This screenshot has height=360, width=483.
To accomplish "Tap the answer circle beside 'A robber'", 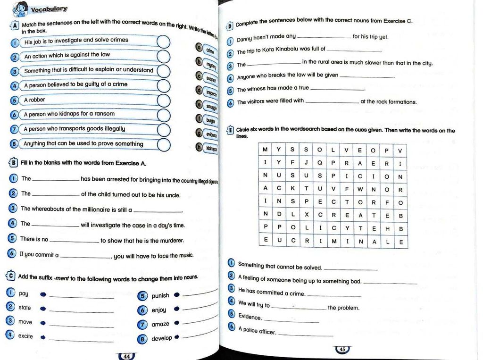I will pyautogui.click(x=164, y=100).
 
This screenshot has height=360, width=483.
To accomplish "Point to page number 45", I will pyautogui.click(x=342, y=350).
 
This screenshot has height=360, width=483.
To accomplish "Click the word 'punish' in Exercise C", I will pyautogui.click(x=160, y=296).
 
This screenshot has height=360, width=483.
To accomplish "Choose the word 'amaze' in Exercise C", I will pyautogui.click(x=160, y=325).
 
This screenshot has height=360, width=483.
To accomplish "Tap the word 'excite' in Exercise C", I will pyautogui.click(x=25, y=336).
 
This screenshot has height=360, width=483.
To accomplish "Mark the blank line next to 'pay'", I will pyautogui.click(x=81, y=297).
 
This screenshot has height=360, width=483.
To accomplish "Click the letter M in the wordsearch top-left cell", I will pyautogui.click(x=265, y=150).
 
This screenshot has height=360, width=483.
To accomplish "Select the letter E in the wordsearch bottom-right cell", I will pyautogui.click(x=400, y=242).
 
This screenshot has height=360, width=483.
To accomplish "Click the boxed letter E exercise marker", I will pyautogui.click(x=230, y=130).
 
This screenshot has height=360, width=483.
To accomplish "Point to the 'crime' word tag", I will pyautogui.click(x=209, y=50).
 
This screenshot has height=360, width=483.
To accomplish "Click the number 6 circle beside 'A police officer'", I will pyautogui.click(x=231, y=327).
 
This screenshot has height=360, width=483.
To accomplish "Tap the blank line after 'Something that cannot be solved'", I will pyautogui.click(x=350, y=269).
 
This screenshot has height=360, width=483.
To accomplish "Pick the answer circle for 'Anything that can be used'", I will pyautogui.click(x=164, y=144).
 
